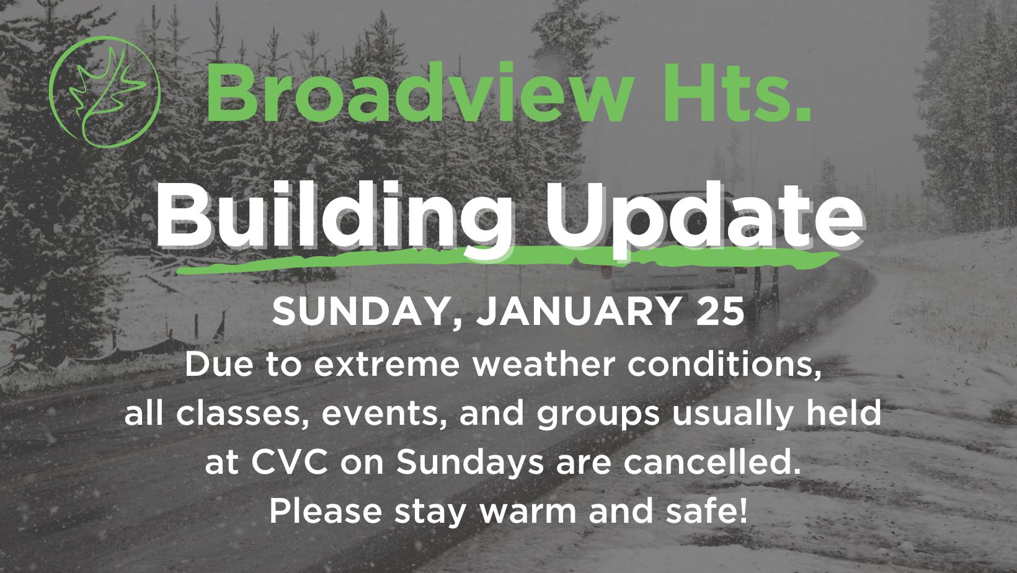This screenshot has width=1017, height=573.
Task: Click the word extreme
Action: point(386,364)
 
